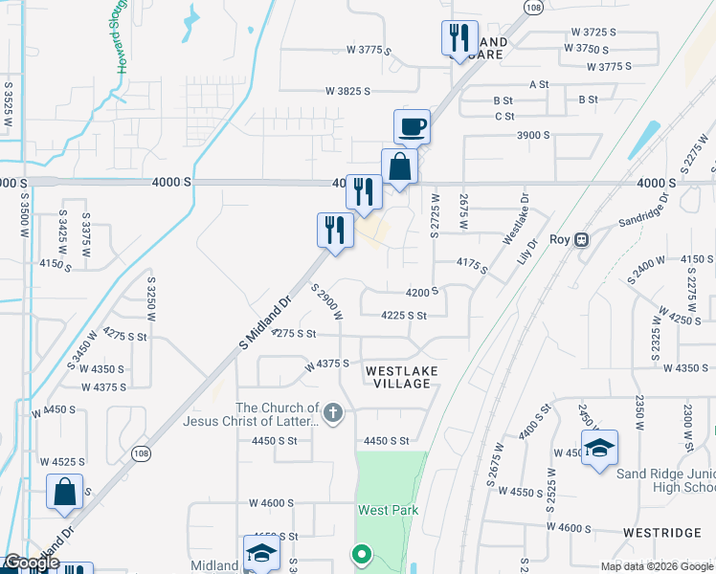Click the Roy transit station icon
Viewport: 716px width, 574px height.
point(581,240)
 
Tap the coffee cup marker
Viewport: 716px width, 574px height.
point(412,126)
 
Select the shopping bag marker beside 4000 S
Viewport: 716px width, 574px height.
point(399,167)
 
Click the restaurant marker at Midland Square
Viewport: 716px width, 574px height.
point(459,38)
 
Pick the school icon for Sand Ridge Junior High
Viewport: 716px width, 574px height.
point(599,448)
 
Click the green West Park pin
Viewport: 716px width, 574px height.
point(361,554)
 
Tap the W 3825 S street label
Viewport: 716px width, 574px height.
point(348,92)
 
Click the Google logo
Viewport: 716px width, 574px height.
point(32,563)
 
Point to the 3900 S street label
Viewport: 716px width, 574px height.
point(533,135)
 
